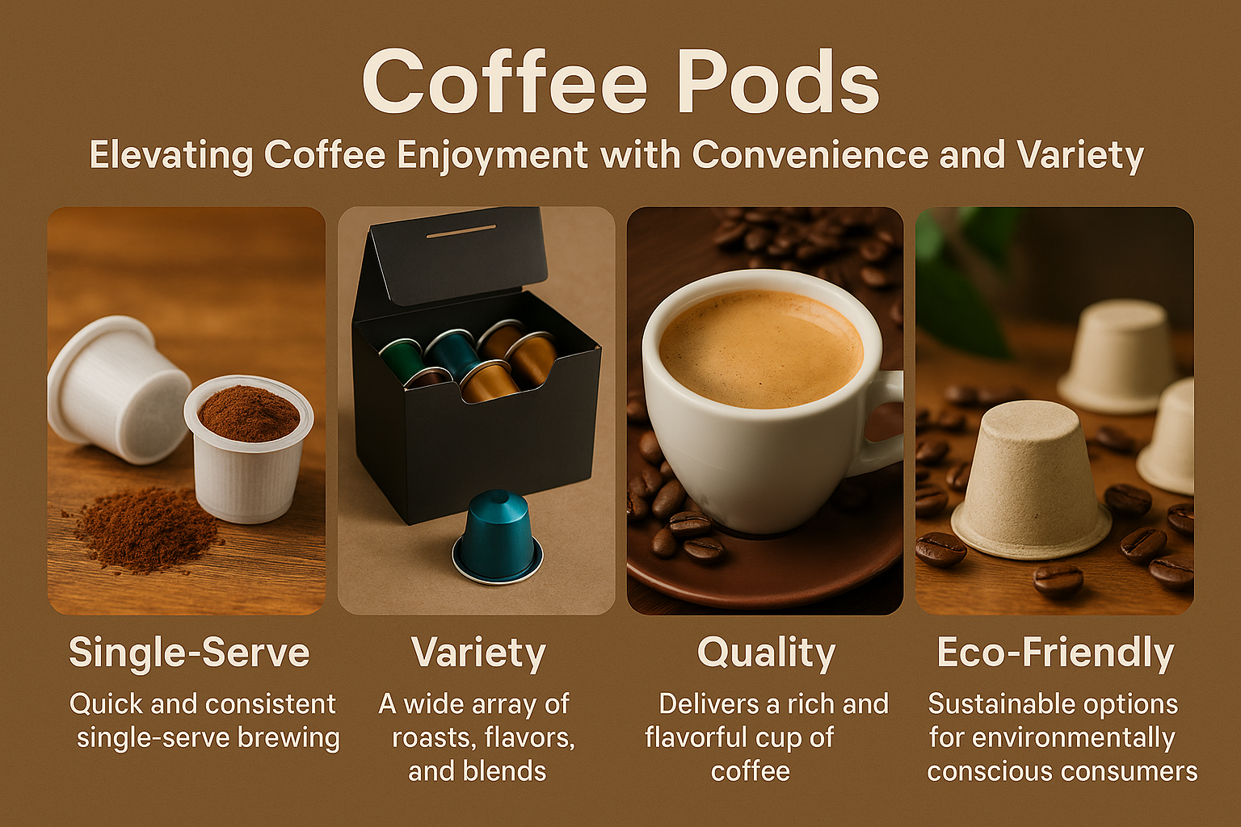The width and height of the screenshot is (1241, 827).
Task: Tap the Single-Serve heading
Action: click(189, 652)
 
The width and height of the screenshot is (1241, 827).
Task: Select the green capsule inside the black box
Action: click(403, 359)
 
